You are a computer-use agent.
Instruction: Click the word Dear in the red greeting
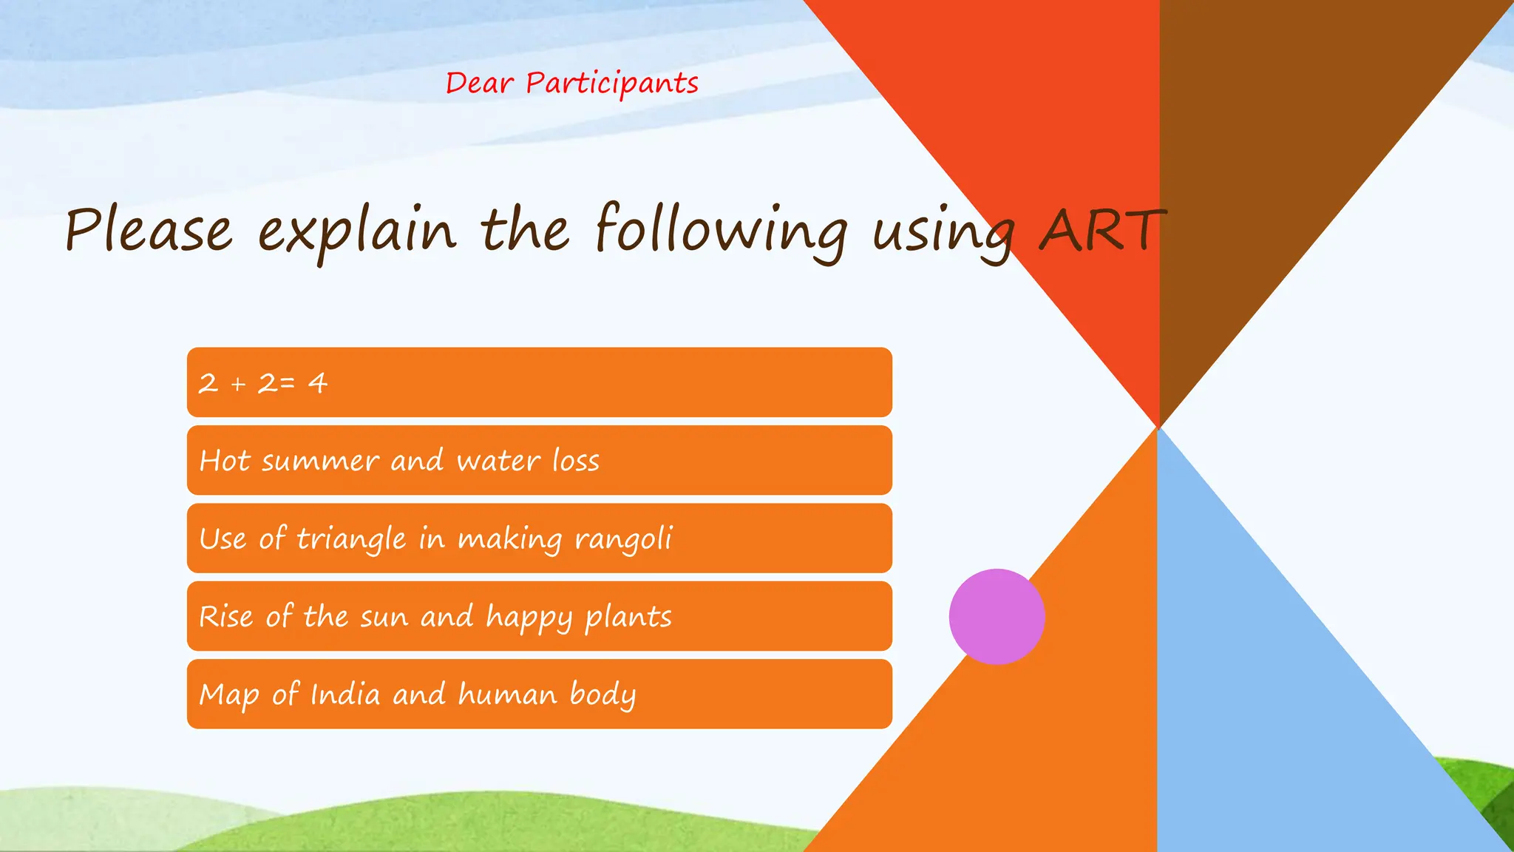pyautogui.click(x=479, y=83)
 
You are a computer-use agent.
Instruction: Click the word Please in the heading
pyautogui.click(x=149, y=230)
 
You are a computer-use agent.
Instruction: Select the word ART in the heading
pyautogui.click(x=1101, y=230)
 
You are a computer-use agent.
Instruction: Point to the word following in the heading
pyautogui.click(x=721, y=231)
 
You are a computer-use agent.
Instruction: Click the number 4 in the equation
pyautogui.click(x=318, y=383)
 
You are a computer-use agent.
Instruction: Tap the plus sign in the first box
pyautogui.click(x=238, y=384)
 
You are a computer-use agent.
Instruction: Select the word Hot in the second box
pyautogui.click(x=225, y=461)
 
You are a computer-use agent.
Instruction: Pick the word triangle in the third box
pyautogui.click(x=351, y=539)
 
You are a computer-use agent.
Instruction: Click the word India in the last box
pyautogui.click(x=344, y=694)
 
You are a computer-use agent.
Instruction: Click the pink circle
pyautogui.click(x=997, y=616)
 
